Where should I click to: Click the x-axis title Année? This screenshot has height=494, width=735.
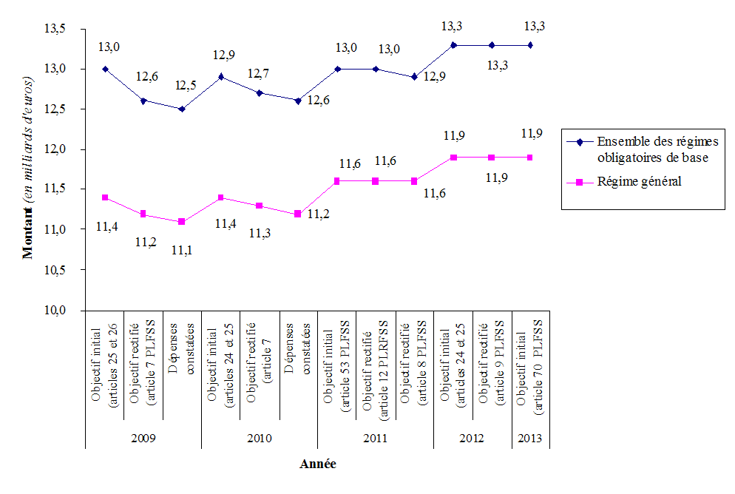318,464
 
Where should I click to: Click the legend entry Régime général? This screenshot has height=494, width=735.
638,181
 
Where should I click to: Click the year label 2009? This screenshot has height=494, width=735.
143,438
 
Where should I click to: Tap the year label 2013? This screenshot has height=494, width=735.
531,438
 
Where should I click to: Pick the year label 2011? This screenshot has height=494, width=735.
375,438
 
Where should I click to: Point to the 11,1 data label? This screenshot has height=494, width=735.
182,250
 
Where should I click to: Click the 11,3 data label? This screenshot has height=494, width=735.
260,234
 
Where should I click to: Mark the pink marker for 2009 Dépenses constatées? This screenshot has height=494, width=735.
182,222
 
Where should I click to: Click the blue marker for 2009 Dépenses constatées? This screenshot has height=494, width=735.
182,109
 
